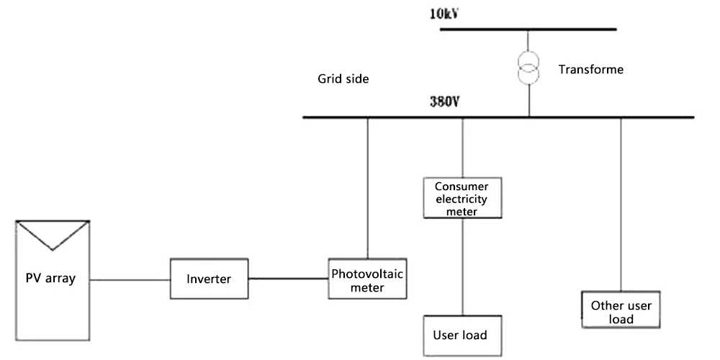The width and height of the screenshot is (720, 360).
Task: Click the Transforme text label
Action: (590, 70)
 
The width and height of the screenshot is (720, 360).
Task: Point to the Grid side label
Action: (343, 79)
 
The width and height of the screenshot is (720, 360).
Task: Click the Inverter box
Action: (208, 279)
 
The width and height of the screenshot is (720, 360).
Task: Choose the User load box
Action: (460, 335)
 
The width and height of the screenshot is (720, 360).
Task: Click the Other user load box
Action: (621, 312)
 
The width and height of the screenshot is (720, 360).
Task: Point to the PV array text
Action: (50, 279)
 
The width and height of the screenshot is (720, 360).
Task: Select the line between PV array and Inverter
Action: (130, 279)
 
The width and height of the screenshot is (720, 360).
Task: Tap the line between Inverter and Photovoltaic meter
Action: (287, 279)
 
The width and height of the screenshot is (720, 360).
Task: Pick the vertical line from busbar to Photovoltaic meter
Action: (367, 187)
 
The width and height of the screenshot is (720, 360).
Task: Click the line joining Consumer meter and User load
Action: (462, 266)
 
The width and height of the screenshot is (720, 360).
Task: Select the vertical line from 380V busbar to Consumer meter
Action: (462, 148)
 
